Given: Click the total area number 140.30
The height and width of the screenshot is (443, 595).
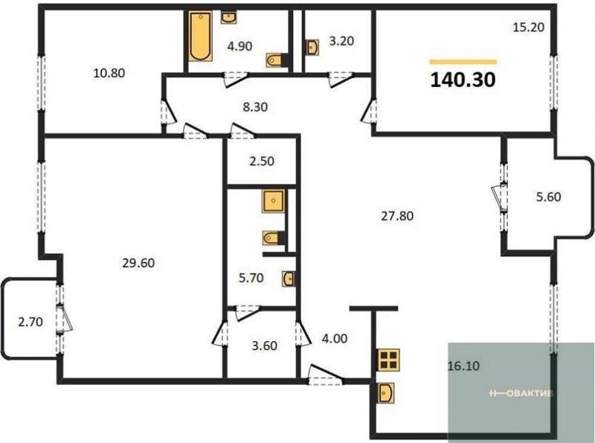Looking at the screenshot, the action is point(463,80).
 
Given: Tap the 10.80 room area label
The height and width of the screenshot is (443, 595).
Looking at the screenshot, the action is point(109,72).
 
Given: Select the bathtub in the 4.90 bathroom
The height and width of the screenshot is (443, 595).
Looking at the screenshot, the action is point(199,36).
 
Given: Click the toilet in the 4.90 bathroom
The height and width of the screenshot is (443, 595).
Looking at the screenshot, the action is point(274,60).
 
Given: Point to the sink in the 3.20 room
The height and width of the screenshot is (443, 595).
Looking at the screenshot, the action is point(312,48).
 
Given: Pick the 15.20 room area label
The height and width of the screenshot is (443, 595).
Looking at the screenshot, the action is point(529,28).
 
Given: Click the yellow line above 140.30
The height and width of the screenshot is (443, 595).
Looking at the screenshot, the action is point(463,62).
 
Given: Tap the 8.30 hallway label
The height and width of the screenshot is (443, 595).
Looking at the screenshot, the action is point(255,107).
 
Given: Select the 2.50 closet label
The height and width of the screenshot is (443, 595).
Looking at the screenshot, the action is point(262,161).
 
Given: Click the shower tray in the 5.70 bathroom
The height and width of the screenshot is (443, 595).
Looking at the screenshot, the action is point(273,201).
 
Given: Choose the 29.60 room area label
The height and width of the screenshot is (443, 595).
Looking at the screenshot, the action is point(138,263).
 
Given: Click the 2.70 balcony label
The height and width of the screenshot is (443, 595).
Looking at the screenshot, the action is point(30,322).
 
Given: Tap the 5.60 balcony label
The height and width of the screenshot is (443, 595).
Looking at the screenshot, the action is point(549,197).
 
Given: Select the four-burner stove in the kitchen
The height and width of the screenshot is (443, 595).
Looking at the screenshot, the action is point(388,360).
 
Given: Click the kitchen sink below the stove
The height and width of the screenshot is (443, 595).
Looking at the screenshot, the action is point(385,393).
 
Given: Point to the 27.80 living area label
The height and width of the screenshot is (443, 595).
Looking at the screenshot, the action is point(397,216).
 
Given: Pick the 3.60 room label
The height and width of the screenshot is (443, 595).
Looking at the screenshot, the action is point(265,345).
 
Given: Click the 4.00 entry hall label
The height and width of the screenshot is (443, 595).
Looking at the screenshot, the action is point(335,338).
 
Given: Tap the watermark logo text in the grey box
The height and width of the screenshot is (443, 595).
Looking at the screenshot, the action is point(521,393).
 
